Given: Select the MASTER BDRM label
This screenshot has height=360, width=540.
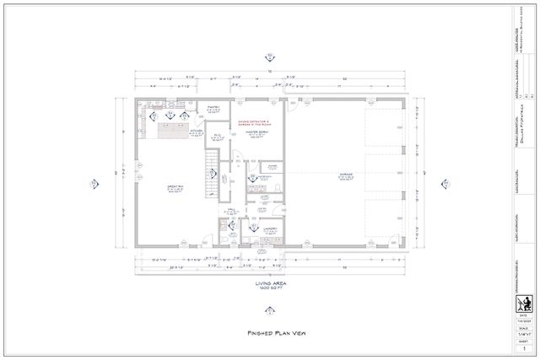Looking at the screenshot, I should coord(257,132).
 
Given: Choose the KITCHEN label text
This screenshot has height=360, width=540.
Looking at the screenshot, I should coord(195,132).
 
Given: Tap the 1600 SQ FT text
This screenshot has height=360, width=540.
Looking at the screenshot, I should coord(269,289).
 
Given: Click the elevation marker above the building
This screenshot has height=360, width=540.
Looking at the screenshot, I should coord(270,56).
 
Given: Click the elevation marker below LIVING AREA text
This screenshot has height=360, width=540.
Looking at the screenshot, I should coord(270,305).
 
